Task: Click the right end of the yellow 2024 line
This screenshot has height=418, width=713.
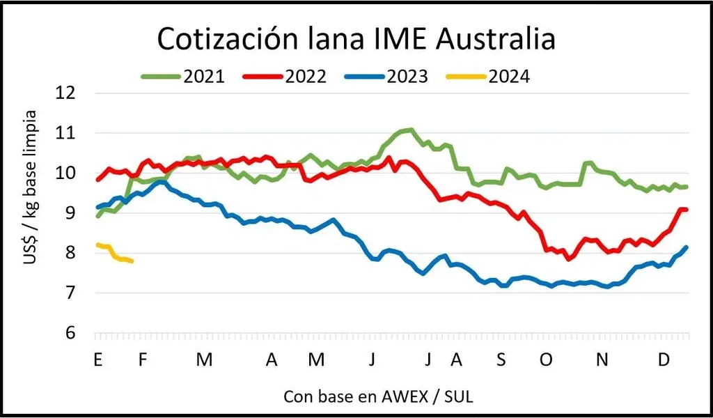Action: [x=132, y=261]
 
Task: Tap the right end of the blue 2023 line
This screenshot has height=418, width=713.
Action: [x=687, y=247]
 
